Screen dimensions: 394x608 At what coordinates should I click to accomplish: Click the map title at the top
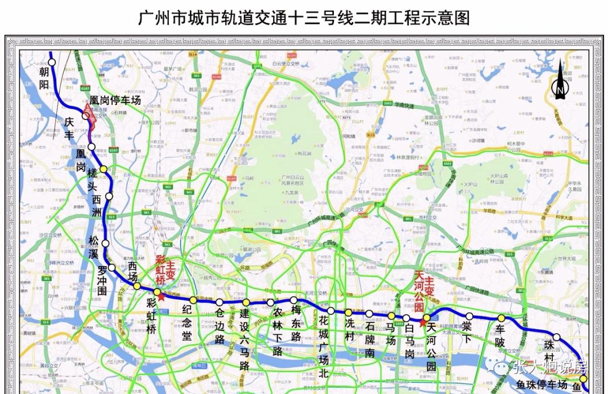pos(304,17)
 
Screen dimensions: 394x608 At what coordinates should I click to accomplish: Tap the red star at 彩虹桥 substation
pos(162,296)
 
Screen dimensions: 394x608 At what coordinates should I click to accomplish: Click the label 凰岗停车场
pos(115,100)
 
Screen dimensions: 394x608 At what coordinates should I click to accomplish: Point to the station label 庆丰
pos(69,127)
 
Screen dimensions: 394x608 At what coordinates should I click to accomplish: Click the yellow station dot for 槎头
pos(103,169)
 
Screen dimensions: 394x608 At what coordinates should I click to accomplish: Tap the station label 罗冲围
pos(101,281)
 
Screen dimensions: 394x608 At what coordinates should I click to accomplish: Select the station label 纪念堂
pos(187,325)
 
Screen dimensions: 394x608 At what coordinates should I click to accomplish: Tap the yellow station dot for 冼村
pos(348,312)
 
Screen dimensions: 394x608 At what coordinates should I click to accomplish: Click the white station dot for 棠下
pos(469,316)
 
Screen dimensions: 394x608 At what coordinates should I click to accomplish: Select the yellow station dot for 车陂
pos(500,318)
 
